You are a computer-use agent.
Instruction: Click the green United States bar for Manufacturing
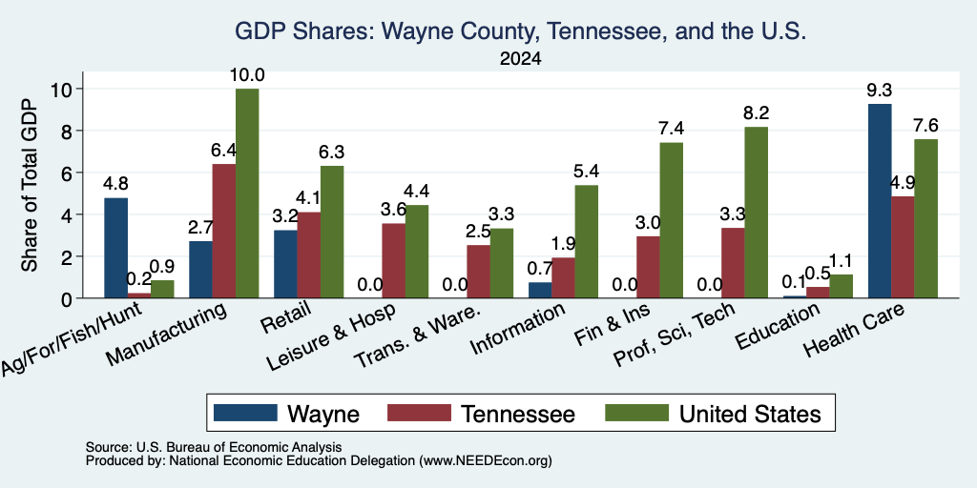[247, 193]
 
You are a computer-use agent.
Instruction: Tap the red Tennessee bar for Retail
[309, 255]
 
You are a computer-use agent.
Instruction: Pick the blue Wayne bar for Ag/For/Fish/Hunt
[115, 249]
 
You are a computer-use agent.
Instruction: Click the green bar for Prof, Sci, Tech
[757, 213]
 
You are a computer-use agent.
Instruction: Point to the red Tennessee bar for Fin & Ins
[648, 267]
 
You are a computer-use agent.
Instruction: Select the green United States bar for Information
[587, 242]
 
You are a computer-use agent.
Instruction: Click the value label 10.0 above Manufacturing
[247, 75]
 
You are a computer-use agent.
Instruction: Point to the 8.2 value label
[757, 113]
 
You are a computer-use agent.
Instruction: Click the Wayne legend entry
[286, 414]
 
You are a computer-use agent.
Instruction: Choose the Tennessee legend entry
[481, 414]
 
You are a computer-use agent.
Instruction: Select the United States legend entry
[713, 414]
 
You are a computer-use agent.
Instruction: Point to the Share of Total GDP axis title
[30, 185]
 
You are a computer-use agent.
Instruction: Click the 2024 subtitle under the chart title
[520, 59]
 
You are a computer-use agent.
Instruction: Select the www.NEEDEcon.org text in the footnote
[487, 461]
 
